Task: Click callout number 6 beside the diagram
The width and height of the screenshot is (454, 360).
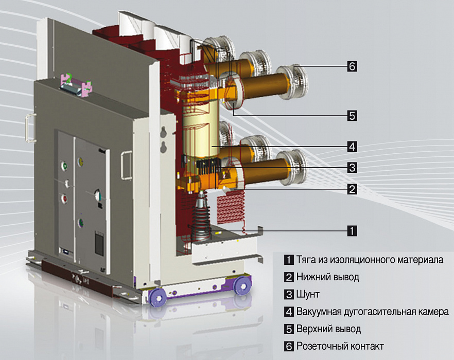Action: pyautogui.click(x=352, y=66)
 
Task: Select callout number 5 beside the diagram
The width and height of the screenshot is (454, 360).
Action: pyautogui.click(x=352, y=116)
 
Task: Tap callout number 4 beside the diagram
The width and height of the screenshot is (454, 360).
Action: pyautogui.click(x=352, y=147)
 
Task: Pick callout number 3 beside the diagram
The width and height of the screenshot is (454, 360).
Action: pyautogui.click(x=352, y=168)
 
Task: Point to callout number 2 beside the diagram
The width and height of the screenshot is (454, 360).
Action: pyautogui.click(x=352, y=190)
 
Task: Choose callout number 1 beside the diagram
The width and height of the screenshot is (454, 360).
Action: pyautogui.click(x=352, y=231)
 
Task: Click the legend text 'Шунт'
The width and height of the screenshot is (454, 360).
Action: pyautogui.click(x=308, y=295)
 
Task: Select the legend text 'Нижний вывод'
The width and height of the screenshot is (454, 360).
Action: pyautogui.click(x=328, y=277)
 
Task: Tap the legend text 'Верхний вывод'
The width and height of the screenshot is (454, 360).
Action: pyautogui.click(x=328, y=329)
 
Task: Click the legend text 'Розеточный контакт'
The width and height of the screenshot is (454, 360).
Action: pyautogui.click(x=340, y=346)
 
